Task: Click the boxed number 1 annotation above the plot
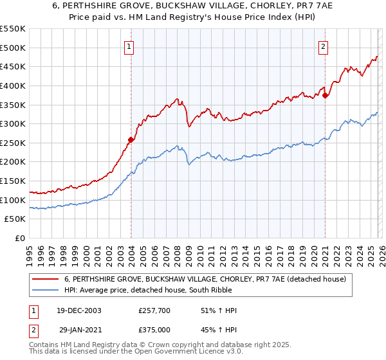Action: coord(129,46)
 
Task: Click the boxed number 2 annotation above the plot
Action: coord(322,46)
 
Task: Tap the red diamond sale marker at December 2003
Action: coord(131,139)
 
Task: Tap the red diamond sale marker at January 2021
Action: coord(325,95)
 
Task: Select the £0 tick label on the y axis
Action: coord(19,238)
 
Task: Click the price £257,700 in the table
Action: coord(155,310)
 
